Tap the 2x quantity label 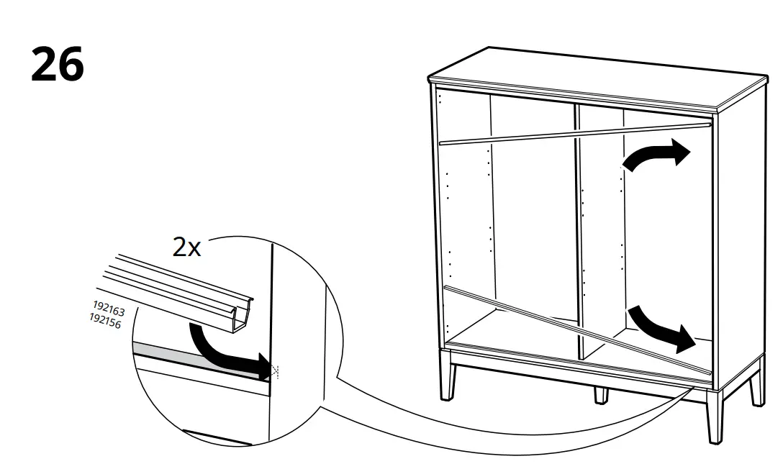[186, 247]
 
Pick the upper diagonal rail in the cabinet [576, 133]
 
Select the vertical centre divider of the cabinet [579, 230]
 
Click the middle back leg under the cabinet [602, 394]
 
